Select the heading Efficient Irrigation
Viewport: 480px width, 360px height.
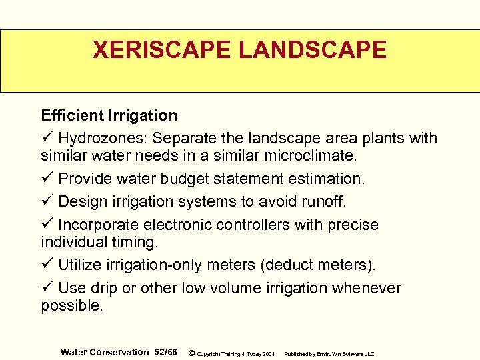[x=109, y=115]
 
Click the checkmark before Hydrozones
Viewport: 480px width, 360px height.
[x=47, y=138]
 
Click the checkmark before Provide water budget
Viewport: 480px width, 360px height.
[x=47, y=179]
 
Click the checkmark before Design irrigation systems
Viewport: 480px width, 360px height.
[x=47, y=201]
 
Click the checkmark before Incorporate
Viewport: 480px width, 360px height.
[x=47, y=225]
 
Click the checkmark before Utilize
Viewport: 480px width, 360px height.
[x=47, y=265]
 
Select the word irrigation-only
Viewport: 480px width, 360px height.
[x=151, y=265]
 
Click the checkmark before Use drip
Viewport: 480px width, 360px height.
[x=47, y=288]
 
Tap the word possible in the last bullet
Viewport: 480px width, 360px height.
[x=71, y=306]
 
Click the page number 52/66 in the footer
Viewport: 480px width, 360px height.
[x=165, y=352]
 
